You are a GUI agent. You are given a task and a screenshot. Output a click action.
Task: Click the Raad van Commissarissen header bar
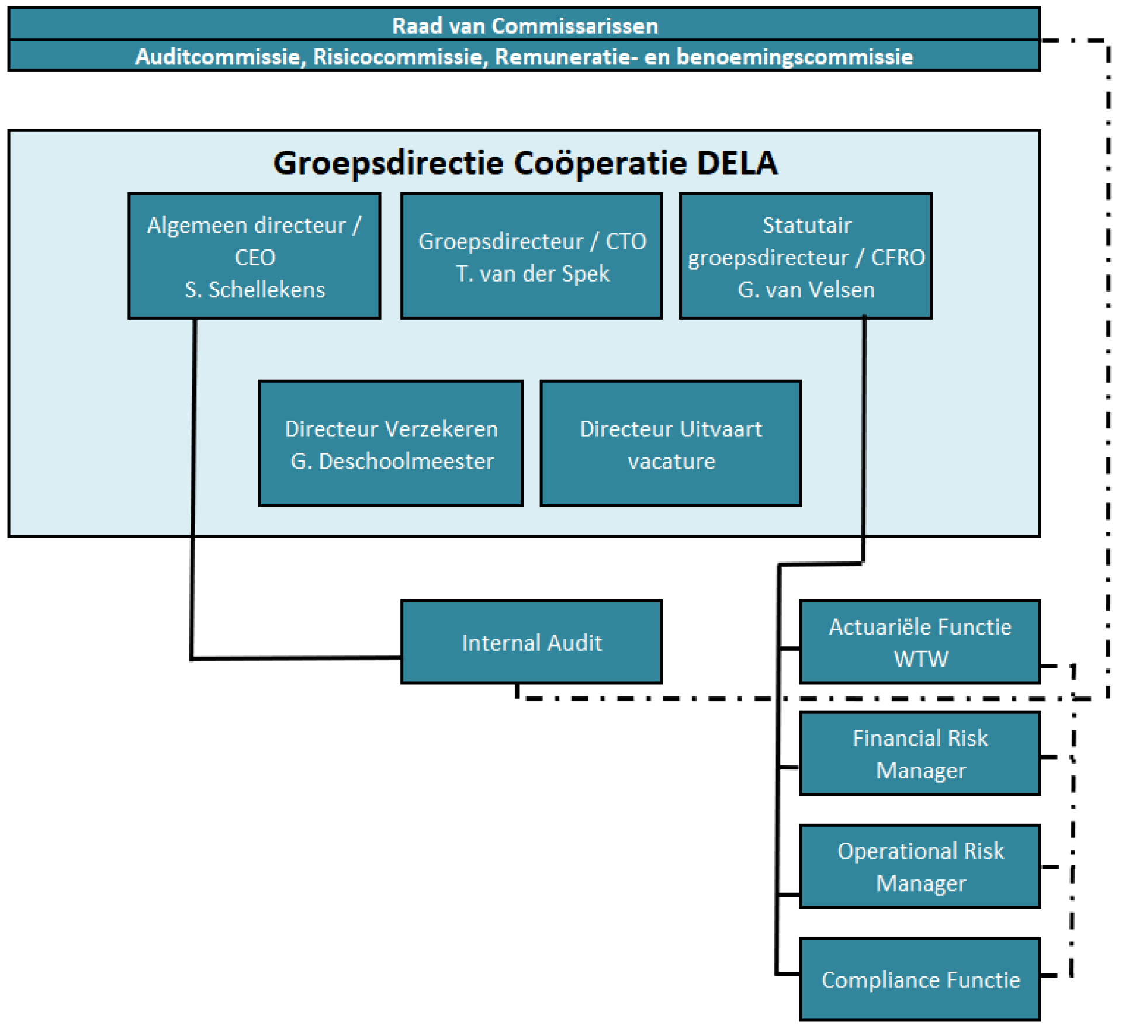tap(524, 25)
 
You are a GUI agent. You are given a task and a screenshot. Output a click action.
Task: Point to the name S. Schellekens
tap(255, 290)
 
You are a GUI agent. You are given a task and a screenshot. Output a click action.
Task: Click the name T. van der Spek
tap(532, 274)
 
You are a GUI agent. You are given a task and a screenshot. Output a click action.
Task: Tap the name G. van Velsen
tap(806, 290)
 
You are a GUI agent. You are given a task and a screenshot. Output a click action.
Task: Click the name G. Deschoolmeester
tap(392, 462)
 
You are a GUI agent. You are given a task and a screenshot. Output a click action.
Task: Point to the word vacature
tap(671, 462)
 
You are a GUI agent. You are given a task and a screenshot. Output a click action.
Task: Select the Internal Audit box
tap(531, 643)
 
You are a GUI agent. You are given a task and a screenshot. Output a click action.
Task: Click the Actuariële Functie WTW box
tap(920, 642)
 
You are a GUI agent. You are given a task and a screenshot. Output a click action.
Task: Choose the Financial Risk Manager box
tap(920, 754)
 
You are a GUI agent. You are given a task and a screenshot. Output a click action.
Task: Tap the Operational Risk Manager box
tap(920, 866)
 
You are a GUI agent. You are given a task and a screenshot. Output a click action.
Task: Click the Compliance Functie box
tap(920, 980)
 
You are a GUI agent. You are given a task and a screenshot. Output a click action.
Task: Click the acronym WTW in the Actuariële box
tap(920, 659)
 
